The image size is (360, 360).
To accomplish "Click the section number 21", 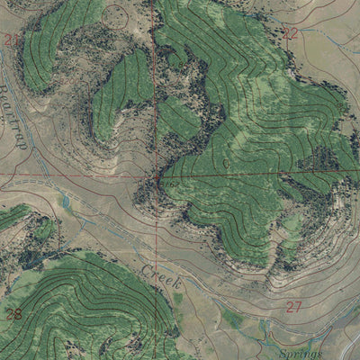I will point(11,40).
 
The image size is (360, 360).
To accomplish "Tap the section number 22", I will point(289,33).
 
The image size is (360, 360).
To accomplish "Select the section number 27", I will point(293,306).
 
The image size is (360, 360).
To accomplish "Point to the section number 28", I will point(13,314).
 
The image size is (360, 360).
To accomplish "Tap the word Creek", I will point(162,277).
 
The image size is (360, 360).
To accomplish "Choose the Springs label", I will point(301,354).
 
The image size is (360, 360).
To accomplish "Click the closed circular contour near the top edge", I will point(115,15).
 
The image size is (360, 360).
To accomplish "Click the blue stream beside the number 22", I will point(310,40).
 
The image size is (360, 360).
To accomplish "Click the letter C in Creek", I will point(146,269).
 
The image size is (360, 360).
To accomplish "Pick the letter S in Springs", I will point(283,353).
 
